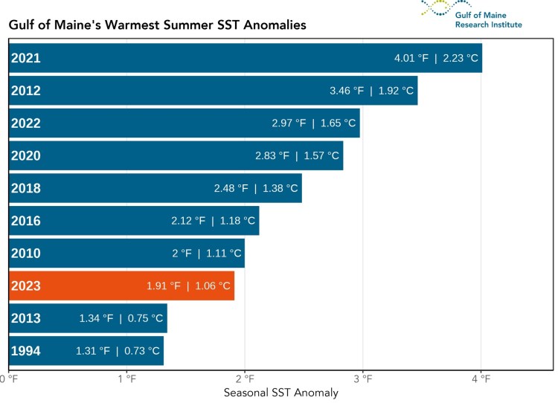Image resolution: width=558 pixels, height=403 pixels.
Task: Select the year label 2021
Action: pyautogui.click(x=25, y=58)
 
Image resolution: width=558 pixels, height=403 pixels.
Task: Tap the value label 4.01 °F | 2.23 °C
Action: pyautogui.click(x=436, y=58)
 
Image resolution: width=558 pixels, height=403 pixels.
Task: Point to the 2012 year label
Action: pyautogui.click(x=25, y=91)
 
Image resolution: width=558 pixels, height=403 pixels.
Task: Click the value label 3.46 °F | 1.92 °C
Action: pyautogui.click(x=371, y=91)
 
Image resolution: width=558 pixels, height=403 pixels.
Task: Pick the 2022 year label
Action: pyautogui.click(x=25, y=123)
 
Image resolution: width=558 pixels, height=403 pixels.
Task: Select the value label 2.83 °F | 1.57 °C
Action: pyautogui.click(x=297, y=156)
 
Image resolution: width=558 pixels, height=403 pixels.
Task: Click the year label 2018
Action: pyautogui.click(x=25, y=188)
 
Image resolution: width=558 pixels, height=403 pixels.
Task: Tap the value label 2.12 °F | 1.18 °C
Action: pyautogui.click(x=213, y=221)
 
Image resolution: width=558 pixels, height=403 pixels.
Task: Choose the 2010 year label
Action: pyautogui.click(x=25, y=254)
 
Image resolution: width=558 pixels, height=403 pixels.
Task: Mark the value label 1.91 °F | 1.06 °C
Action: pyautogui.click(x=189, y=286)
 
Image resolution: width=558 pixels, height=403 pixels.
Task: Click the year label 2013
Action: pyautogui.click(x=25, y=318)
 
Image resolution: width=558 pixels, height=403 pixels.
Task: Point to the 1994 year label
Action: pyautogui.click(x=25, y=351)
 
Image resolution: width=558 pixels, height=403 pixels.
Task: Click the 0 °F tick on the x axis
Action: pyautogui.click(x=9, y=379)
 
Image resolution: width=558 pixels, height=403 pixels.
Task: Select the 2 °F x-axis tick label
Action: pyautogui.click(x=245, y=379)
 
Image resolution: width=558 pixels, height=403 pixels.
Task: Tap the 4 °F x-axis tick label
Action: pyautogui.click(x=481, y=379)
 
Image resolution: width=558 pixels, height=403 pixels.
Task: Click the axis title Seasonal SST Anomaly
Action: pyautogui.click(x=280, y=393)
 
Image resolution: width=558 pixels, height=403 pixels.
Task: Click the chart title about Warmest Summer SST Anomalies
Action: pyautogui.click(x=157, y=25)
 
